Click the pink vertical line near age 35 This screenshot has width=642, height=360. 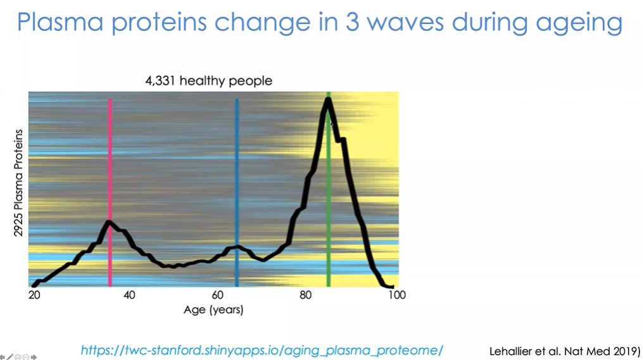(x=110, y=158)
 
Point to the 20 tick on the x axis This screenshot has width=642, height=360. (x=34, y=295)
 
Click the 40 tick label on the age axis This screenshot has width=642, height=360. (x=129, y=295)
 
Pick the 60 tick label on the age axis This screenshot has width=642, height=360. (x=218, y=295)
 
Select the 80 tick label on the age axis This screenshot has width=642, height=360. (x=306, y=295)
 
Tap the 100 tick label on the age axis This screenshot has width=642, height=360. (x=396, y=295)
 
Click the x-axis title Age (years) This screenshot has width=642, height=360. (x=213, y=310)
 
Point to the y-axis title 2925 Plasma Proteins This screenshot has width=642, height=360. (x=19, y=183)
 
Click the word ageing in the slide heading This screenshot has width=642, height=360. (x=579, y=23)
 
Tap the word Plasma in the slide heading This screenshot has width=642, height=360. (x=60, y=22)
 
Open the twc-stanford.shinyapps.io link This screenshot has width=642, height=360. (x=261, y=350)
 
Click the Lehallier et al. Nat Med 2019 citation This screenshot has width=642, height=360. (x=565, y=350)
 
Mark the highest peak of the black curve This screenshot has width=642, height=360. (x=328, y=100)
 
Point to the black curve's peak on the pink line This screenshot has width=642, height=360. (x=110, y=221)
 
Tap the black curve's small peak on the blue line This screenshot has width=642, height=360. (x=237, y=247)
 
